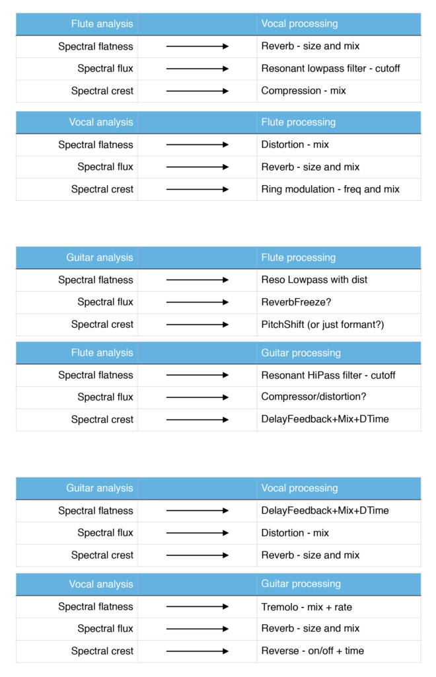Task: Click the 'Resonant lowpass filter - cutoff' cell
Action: click(330, 69)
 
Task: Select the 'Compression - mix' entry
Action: click(304, 91)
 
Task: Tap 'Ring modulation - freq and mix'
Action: click(330, 189)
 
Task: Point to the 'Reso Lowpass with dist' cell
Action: click(314, 280)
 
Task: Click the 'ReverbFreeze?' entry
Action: click(296, 302)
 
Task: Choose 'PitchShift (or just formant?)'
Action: click(322, 325)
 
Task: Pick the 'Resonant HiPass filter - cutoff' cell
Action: click(328, 376)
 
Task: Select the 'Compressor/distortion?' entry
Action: click(314, 397)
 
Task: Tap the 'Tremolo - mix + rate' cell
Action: click(307, 607)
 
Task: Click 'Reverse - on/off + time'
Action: click(312, 651)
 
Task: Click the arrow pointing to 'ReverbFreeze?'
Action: click(198, 302)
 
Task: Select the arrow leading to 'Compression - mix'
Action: click(198, 91)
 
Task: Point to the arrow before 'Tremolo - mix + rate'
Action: click(198, 607)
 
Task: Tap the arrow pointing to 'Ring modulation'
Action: click(198, 189)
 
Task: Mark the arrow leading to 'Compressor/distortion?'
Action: click(198, 397)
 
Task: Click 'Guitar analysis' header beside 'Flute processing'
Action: click(100, 258)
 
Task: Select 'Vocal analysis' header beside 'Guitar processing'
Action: click(101, 584)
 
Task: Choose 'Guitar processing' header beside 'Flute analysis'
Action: click(301, 353)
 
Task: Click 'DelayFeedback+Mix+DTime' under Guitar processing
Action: click(325, 419)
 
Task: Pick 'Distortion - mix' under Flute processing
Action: click(295, 145)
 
